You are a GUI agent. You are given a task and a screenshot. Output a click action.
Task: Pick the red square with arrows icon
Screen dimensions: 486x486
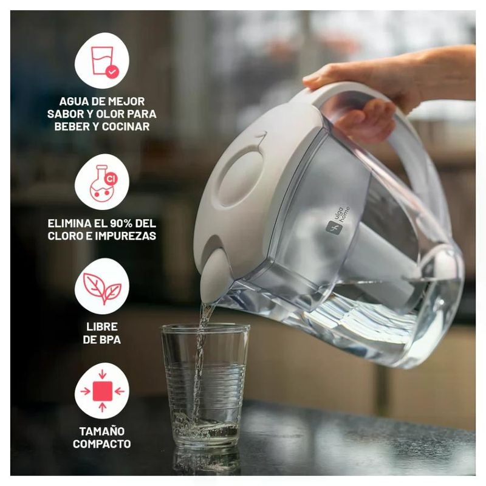(x=102, y=391)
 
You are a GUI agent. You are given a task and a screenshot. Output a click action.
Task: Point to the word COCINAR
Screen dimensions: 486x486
(x=126, y=126)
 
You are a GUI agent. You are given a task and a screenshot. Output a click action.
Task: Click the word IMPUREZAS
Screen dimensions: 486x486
(x=129, y=236)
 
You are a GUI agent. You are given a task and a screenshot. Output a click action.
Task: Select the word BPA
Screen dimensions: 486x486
(x=110, y=340)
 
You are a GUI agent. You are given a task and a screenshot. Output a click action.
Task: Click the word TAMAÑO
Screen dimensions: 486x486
(x=102, y=431)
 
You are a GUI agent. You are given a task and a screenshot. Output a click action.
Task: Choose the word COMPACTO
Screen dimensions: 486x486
(x=102, y=444)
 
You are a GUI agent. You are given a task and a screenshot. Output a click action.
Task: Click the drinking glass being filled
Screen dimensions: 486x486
(x=205, y=385)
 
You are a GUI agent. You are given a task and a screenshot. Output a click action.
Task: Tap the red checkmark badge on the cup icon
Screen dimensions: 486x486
(x=112, y=72)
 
